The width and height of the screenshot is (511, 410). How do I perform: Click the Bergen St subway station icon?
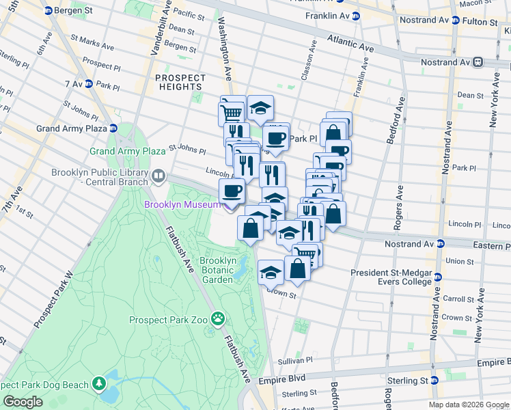[x=47, y=12]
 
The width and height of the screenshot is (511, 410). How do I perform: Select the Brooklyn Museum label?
[x=182, y=204]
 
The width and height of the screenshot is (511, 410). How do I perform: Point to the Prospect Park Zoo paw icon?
[x=218, y=318]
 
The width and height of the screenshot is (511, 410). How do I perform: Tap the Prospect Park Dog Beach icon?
[x=100, y=383]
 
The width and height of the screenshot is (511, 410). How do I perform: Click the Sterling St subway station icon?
[x=434, y=381]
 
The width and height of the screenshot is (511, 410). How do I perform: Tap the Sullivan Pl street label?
[x=294, y=361]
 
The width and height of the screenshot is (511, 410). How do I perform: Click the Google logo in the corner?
[x=23, y=402]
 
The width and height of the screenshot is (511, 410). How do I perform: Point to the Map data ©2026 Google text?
[x=469, y=405]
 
